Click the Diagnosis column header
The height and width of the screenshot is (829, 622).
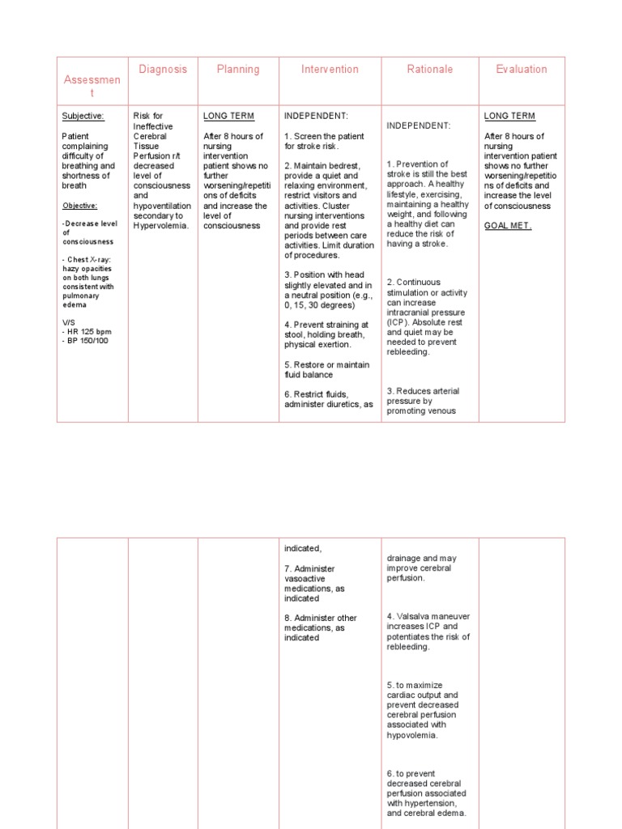pyautogui.click(x=163, y=70)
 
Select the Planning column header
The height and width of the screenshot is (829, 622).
pyautogui.click(x=238, y=70)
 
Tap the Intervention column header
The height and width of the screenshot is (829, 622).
pyautogui.click(x=330, y=70)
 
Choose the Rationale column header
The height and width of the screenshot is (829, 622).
pyautogui.click(x=430, y=70)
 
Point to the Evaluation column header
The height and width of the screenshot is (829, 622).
pyautogui.click(x=522, y=70)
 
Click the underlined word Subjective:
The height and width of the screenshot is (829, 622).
pyautogui.click(x=83, y=117)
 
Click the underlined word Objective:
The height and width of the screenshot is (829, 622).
pyautogui.click(x=79, y=206)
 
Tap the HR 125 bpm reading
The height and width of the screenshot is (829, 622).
pyautogui.click(x=86, y=330)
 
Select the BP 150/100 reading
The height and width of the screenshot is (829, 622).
pyautogui.click(x=86, y=340)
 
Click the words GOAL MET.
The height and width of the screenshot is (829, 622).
pyautogui.click(x=508, y=226)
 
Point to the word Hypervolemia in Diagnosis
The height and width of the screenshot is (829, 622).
pyautogui.click(x=160, y=226)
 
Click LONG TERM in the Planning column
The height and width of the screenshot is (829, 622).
pyautogui.click(x=228, y=117)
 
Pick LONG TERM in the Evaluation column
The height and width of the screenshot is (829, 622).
pyautogui.click(x=509, y=117)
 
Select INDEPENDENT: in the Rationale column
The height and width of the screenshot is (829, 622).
pyautogui.click(x=419, y=125)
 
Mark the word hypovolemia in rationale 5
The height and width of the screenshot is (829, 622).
pyautogui.click(x=413, y=735)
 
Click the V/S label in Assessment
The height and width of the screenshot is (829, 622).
pyautogui.click(x=68, y=321)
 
